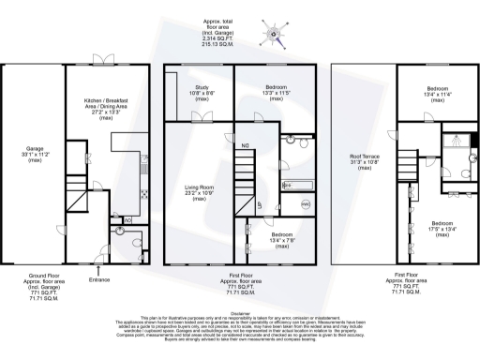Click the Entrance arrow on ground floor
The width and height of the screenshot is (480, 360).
pos(98,268)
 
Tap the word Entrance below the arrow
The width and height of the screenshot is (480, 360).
pos(98,279)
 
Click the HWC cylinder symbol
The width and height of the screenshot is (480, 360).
pos(306,204)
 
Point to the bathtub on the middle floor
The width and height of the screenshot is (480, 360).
pos(299,186)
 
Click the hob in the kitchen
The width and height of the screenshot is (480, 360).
pos(143,194)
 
